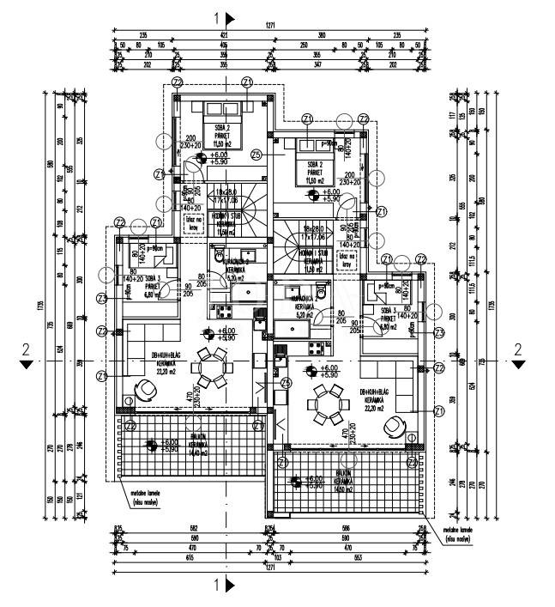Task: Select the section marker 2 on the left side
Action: pyautogui.click(x=27, y=349)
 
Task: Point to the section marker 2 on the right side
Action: pyautogui.click(x=517, y=349)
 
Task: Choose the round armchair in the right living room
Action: pyautogui.click(x=395, y=424)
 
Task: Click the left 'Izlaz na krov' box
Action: pyautogui.click(x=193, y=222)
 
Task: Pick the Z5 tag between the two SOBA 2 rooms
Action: pyautogui.click(x=256, y=155)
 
